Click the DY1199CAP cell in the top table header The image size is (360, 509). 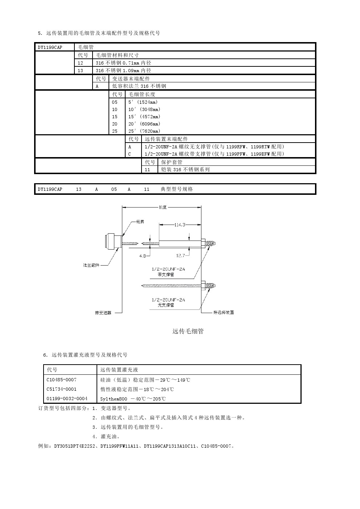(50, 47)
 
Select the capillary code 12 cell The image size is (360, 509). (80, 63)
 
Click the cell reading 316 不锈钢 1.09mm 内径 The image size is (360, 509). (123, 71)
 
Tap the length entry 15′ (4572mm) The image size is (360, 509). (144, 117)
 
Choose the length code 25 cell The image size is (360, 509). (115, 131)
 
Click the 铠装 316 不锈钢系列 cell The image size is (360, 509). (185, 169)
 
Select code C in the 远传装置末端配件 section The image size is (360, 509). (130, 154)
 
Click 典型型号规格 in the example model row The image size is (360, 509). (177, 189)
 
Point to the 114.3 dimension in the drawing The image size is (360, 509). (180, 225)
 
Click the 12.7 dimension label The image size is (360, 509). (180, 256)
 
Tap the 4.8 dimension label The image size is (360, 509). (143, 256)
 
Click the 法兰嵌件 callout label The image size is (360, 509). (91, 265)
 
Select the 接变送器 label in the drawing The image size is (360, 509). (103, 312)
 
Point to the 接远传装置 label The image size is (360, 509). (224, 312)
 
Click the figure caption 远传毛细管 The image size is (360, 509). (188, 331)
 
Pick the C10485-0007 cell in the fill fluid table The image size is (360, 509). (62, 380)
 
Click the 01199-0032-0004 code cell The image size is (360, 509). (67, 399)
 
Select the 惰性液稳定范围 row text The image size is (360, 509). (137, 389)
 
